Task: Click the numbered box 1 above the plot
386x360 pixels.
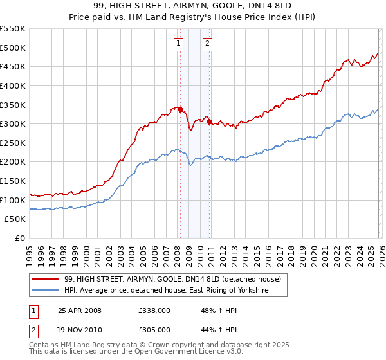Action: (x=178, y=44)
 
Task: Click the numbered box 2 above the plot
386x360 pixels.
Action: (x=207, y=44)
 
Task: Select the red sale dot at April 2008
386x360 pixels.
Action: (x=180, y=109)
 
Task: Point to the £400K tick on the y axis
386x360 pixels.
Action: (x=13, y=85)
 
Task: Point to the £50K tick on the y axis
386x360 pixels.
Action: (x=15, y=219)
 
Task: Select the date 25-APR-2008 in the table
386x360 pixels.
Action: (x=80, y=310)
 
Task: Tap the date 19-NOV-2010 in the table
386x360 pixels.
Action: (x=80, y=328)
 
